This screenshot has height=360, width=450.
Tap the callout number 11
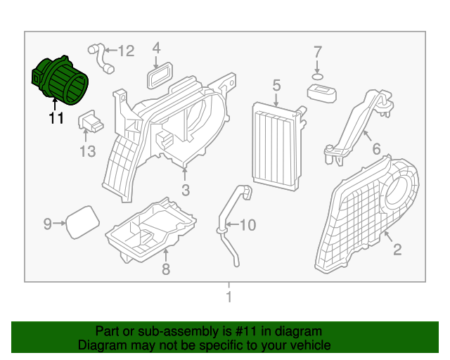tap(56, 119)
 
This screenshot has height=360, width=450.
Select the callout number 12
tap(125, 51)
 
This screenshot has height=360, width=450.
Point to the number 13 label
tap(86, 151)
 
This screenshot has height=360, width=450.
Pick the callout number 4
tap(157, 48)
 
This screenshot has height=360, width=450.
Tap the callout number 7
tap(317, 51)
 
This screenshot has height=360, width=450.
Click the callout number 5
tap(276, 85)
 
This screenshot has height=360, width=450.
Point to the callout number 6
tap(376, 149)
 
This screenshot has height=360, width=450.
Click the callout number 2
tap(397, 248)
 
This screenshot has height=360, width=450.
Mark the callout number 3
tap(185, 190)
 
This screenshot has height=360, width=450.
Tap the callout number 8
tap(166, 269)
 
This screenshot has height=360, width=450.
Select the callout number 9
tap(48, 224)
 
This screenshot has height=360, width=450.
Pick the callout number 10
tap(248, 226)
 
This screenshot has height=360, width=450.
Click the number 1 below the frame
tap(229, 297)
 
